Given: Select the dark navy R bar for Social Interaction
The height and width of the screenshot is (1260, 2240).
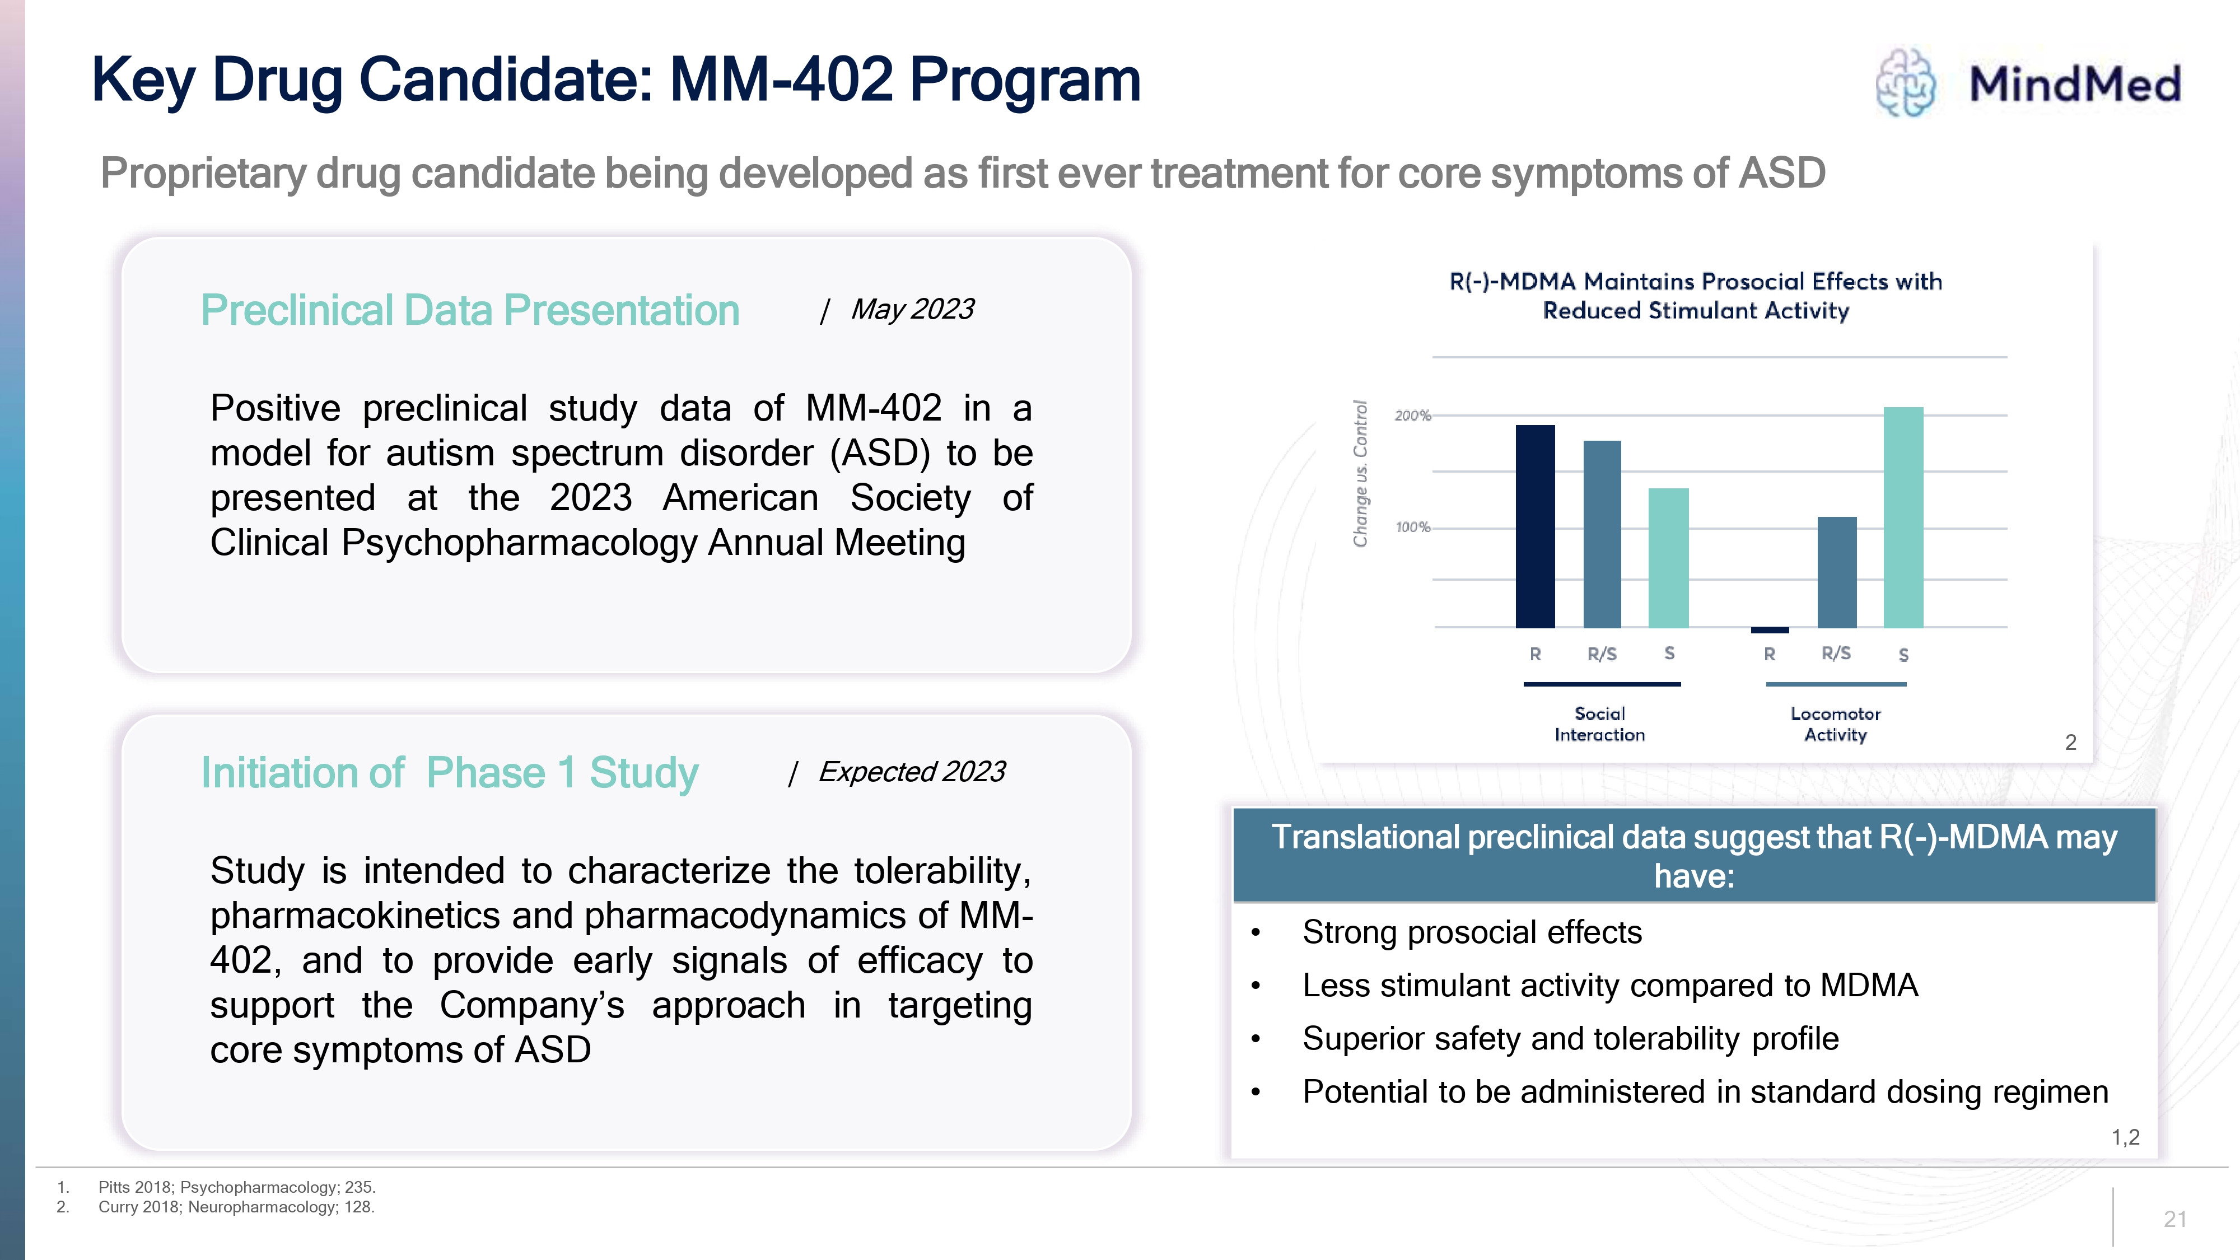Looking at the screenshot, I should pyautogui.click(x=1535, y=526).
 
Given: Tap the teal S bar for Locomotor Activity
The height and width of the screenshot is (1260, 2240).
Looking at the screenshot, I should pyautogui.click(x=1903, y=517).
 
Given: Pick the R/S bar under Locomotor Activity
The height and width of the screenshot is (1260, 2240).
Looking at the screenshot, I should pyautogui.click(x=1837, y=572).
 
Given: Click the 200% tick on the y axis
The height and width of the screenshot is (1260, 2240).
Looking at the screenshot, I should pyautogui.click(x=1412, y=416).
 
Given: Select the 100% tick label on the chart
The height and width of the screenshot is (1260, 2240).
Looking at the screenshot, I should pyautogui.click(x=1412, y=527).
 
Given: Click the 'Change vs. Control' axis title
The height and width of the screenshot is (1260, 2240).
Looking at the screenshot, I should pyautogui.click(x=1360, y=474).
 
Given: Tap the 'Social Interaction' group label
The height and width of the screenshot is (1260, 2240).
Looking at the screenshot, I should pyautogui.click(x=1599, y=724).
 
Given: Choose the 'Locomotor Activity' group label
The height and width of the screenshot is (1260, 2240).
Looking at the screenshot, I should pyautogui.click(x=1835, y=724).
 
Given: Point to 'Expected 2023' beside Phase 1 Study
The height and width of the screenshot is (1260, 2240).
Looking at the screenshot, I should pyautogui.click(x=911, y=771).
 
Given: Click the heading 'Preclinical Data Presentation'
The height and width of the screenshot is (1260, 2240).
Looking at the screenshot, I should pyautogui.click(x=470, y=310).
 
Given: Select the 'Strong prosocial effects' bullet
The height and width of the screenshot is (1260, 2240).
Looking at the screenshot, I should pyautogui.click(x=1471, y=932).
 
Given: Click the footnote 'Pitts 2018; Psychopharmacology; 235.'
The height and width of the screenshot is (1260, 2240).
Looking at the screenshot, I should pyautogui.click(x=236, y=1187).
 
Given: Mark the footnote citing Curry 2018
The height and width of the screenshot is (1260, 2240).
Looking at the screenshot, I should pyautogui.click(x=236, y=1207).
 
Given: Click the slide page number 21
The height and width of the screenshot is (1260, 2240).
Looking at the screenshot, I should pyautogui.click(x=2175, y=1219).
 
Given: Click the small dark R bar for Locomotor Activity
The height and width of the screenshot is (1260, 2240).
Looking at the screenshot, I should pyautogui.click(x=1770, y=629).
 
